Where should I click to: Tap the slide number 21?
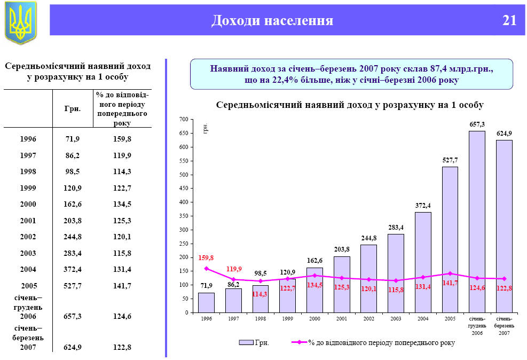509,21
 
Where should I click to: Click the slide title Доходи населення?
272,21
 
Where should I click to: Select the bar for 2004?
422,262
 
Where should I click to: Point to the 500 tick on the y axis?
184,175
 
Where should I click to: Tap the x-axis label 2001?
341,319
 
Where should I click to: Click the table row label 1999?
28,188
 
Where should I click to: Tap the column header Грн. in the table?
72,109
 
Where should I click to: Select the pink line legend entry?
374,342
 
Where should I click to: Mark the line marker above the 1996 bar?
206,269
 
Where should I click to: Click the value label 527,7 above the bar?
450,160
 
